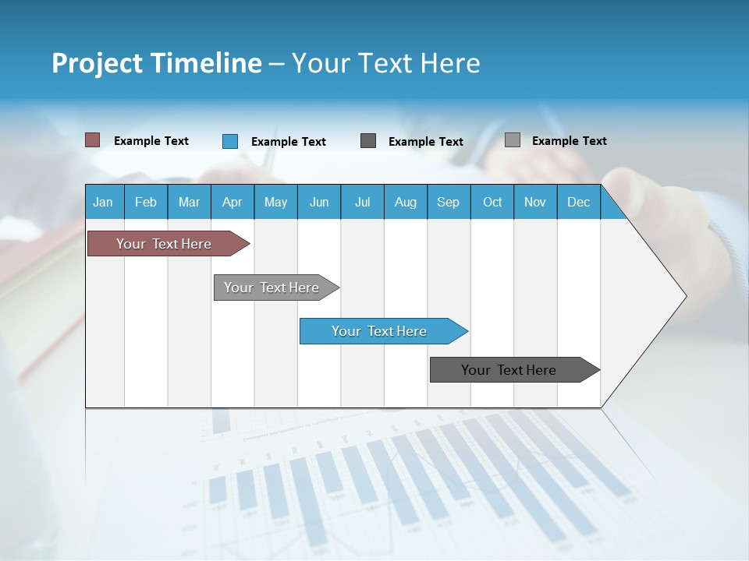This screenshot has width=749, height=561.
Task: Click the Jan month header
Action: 103,202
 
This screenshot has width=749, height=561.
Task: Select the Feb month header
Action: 146,202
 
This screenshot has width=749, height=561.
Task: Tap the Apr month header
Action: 232,202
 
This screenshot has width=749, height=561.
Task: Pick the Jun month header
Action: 318,202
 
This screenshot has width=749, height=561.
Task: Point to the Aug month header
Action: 405,202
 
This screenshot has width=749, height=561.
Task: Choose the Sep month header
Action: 448,202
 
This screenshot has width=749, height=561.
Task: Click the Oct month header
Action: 492,202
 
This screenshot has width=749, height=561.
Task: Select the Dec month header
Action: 578,202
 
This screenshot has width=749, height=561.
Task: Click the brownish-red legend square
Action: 93,140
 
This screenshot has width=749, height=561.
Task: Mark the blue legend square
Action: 230,141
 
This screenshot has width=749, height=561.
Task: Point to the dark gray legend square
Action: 368,141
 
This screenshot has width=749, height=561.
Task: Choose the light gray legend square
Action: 513,140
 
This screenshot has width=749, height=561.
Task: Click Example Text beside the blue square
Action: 289,142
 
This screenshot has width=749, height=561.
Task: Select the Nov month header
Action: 535,202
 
